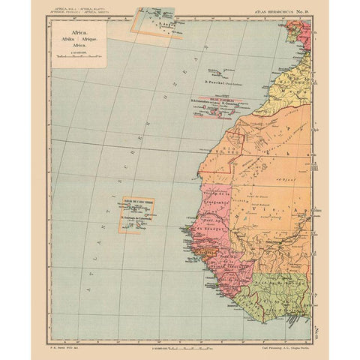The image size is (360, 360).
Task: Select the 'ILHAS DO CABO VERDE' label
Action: (x=137, y=199)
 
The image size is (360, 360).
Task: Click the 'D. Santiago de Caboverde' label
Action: (x=139, y=219)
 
